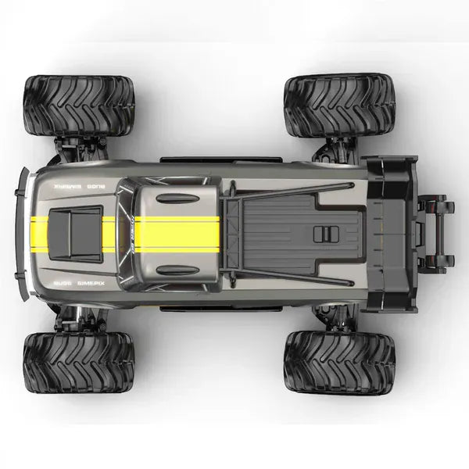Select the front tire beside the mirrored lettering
[79, 105]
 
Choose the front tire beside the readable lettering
[79, 361]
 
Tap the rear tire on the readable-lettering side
[338, 361]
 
